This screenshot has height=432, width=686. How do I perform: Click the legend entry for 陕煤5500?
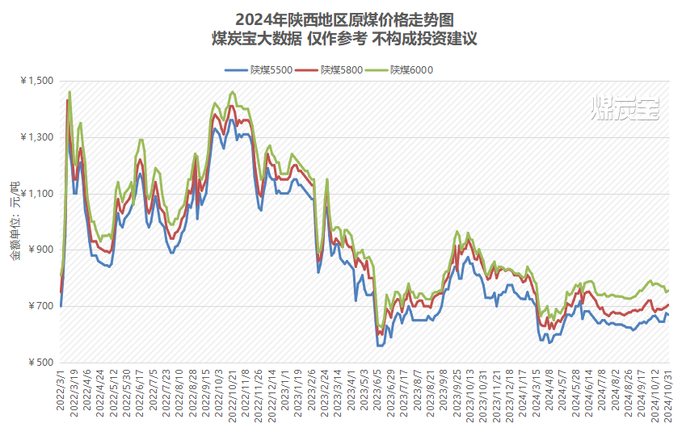(x=258, y=70)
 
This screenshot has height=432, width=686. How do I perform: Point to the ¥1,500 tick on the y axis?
(x=35, y=81)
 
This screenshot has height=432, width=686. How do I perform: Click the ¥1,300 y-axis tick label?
(x=35, y=137)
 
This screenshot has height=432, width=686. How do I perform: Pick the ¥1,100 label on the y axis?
(x=35, y=194)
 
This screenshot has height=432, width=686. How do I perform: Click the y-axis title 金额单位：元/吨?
(x=15, y=221)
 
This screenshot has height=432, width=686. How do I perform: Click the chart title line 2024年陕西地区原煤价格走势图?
(x=343, y=19)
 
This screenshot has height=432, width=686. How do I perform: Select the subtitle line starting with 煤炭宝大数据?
(x=343, y=39)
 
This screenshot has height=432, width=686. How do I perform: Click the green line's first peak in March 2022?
(x=69, y=91)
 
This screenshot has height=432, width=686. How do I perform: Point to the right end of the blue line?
(x=668, y=314)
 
